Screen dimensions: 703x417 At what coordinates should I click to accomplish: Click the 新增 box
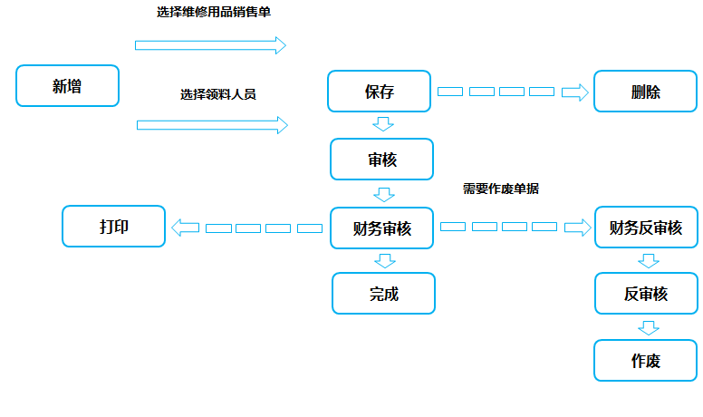[x=67, y=86]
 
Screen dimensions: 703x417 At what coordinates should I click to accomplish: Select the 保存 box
[x=380, y=92]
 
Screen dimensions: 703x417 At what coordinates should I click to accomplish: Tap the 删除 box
[x=646, y=92]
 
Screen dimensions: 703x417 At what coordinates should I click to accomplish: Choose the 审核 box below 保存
[x=382, y=160]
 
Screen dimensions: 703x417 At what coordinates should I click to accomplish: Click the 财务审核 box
[x=382, y=228]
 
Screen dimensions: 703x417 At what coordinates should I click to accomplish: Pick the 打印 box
[x=114, y=227]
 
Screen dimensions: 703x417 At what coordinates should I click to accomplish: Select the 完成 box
[x=384, y=293]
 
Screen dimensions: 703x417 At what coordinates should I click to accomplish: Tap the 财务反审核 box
[x=647, y=228]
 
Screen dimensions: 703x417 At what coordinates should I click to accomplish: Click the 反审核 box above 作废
[x=647, y=293]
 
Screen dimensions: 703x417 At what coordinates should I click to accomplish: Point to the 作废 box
[x=646, y=361]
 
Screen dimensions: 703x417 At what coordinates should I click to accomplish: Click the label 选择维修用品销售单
[x=214, y=12]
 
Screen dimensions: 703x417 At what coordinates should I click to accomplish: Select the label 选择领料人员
[x=218, y=94]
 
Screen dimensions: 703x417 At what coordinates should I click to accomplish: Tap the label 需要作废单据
[x=501, y=189]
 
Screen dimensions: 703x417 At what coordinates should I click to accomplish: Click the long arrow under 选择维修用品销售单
[x=210, y=45]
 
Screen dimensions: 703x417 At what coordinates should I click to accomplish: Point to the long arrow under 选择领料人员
[x=212, y=125]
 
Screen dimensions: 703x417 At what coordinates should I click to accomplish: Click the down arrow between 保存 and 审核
[x=383, y=124]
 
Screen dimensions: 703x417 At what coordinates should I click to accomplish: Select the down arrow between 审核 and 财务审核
[x=384, y=195]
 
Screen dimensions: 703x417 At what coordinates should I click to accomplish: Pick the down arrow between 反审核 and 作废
[x=649, y=327]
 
